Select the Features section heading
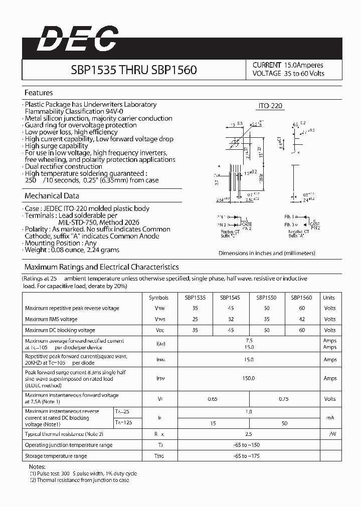pos(39,93)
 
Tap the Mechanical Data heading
pos(52,196)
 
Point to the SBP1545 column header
pos(230,298)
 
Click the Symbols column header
pos(159,298)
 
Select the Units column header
pos(329,298)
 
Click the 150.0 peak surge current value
pos(249,379)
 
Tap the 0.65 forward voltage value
pos(213,399)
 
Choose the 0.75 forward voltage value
pos(283,399)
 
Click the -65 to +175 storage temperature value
pos(248,456)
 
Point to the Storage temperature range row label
pos(56,456)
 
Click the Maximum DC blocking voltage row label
pos(60,330)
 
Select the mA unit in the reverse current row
pos(330,417)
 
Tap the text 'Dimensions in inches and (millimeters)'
pos(267,253)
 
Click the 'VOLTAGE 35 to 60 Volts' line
pos(288,74)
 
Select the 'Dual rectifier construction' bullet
pos(63,166)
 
